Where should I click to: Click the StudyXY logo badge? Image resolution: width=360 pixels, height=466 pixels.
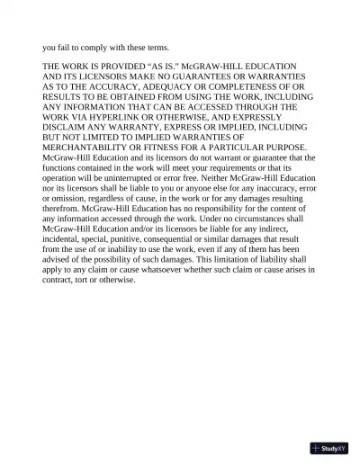(x=328, y=448)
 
